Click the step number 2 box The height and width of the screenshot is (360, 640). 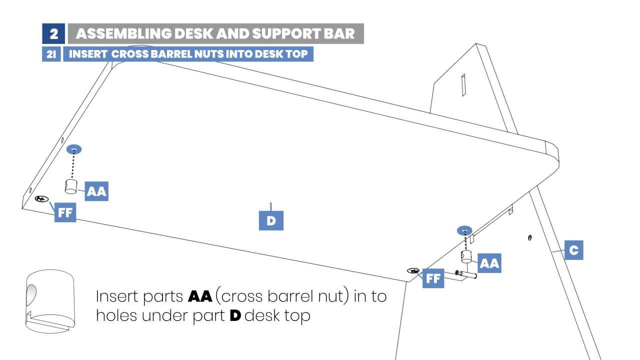[53, 33]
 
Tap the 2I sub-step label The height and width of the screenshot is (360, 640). [51, 54]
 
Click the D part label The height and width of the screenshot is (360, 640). [271, 220]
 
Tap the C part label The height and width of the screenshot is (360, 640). [573, 249]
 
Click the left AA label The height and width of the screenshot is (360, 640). [96, 192]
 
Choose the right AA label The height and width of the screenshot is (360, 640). [489, 263]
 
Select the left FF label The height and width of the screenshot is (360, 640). [65, 212]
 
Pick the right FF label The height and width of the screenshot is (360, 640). [433, 278]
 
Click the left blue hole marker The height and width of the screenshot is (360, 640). [74, 149]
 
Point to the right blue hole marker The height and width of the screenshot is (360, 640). [465, 230]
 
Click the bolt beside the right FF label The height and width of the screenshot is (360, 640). [465, 274]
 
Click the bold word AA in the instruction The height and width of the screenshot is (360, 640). [200, 296]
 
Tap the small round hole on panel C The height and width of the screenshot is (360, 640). [529, 237]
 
